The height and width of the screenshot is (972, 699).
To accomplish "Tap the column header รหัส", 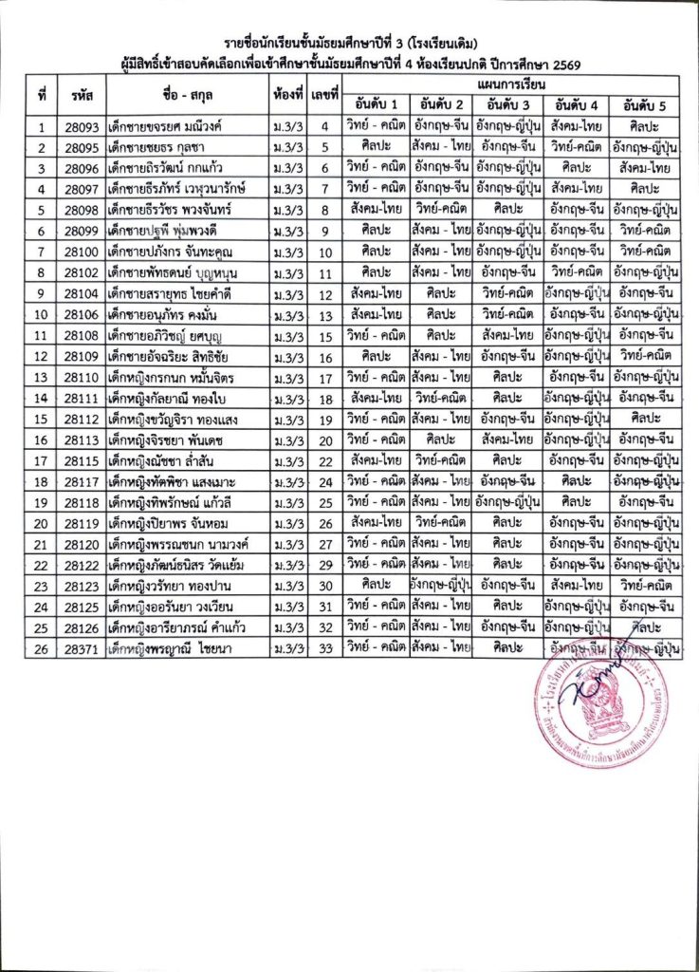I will click(80, 95).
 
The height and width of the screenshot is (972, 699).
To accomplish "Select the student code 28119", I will click(80, 522).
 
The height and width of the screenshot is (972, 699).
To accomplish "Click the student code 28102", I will click(80, 272).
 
